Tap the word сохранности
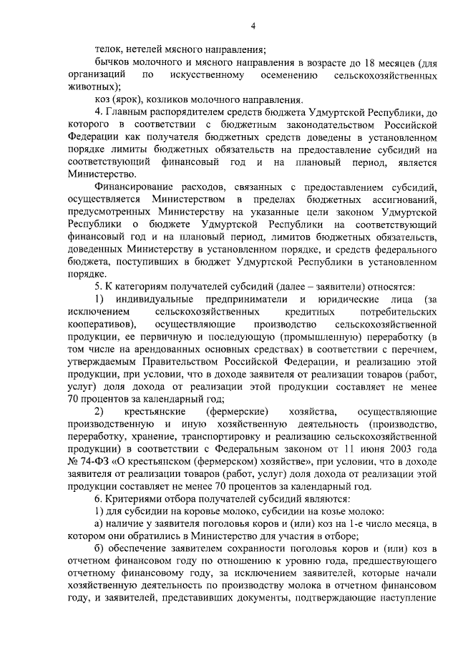click(228, 545)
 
